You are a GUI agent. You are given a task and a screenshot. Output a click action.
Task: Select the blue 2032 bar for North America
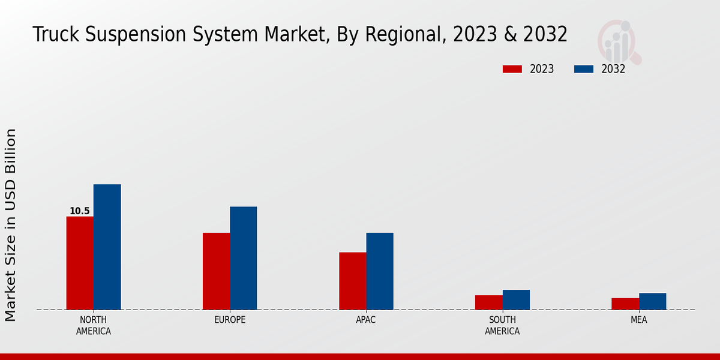coord(107,247)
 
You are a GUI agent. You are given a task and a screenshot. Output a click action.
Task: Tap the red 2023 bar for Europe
coord(216,271)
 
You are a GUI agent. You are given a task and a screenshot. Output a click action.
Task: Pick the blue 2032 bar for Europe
coord(243,258)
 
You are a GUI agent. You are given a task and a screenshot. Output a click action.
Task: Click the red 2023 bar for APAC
coord(352,281)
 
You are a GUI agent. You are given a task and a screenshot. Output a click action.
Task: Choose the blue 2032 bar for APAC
coord(380,271)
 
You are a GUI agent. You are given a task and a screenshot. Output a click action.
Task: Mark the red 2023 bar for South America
coord(488,302)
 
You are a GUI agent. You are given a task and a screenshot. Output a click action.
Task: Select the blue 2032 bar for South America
coord(516,299)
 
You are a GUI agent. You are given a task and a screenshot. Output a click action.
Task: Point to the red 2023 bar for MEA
coord(625,304)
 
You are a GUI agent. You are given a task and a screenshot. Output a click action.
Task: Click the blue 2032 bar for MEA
coord(652,301)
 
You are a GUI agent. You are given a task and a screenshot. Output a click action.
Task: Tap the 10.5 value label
coord(79,211)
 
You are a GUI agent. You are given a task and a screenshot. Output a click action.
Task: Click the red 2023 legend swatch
coord(512,69)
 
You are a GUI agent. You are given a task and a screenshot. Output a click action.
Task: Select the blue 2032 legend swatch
coord(583,69)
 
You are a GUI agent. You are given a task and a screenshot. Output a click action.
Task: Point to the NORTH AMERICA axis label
coord(93,325)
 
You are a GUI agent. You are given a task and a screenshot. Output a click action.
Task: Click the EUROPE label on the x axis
coord(230,320)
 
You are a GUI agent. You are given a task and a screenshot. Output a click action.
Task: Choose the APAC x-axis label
coord(366,320)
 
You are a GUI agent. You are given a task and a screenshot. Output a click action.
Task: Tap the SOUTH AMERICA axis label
coord(502,325)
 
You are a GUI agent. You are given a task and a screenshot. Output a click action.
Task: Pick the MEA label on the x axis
coord(638,320)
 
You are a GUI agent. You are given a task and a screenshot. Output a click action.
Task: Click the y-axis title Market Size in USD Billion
coord(11,225)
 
